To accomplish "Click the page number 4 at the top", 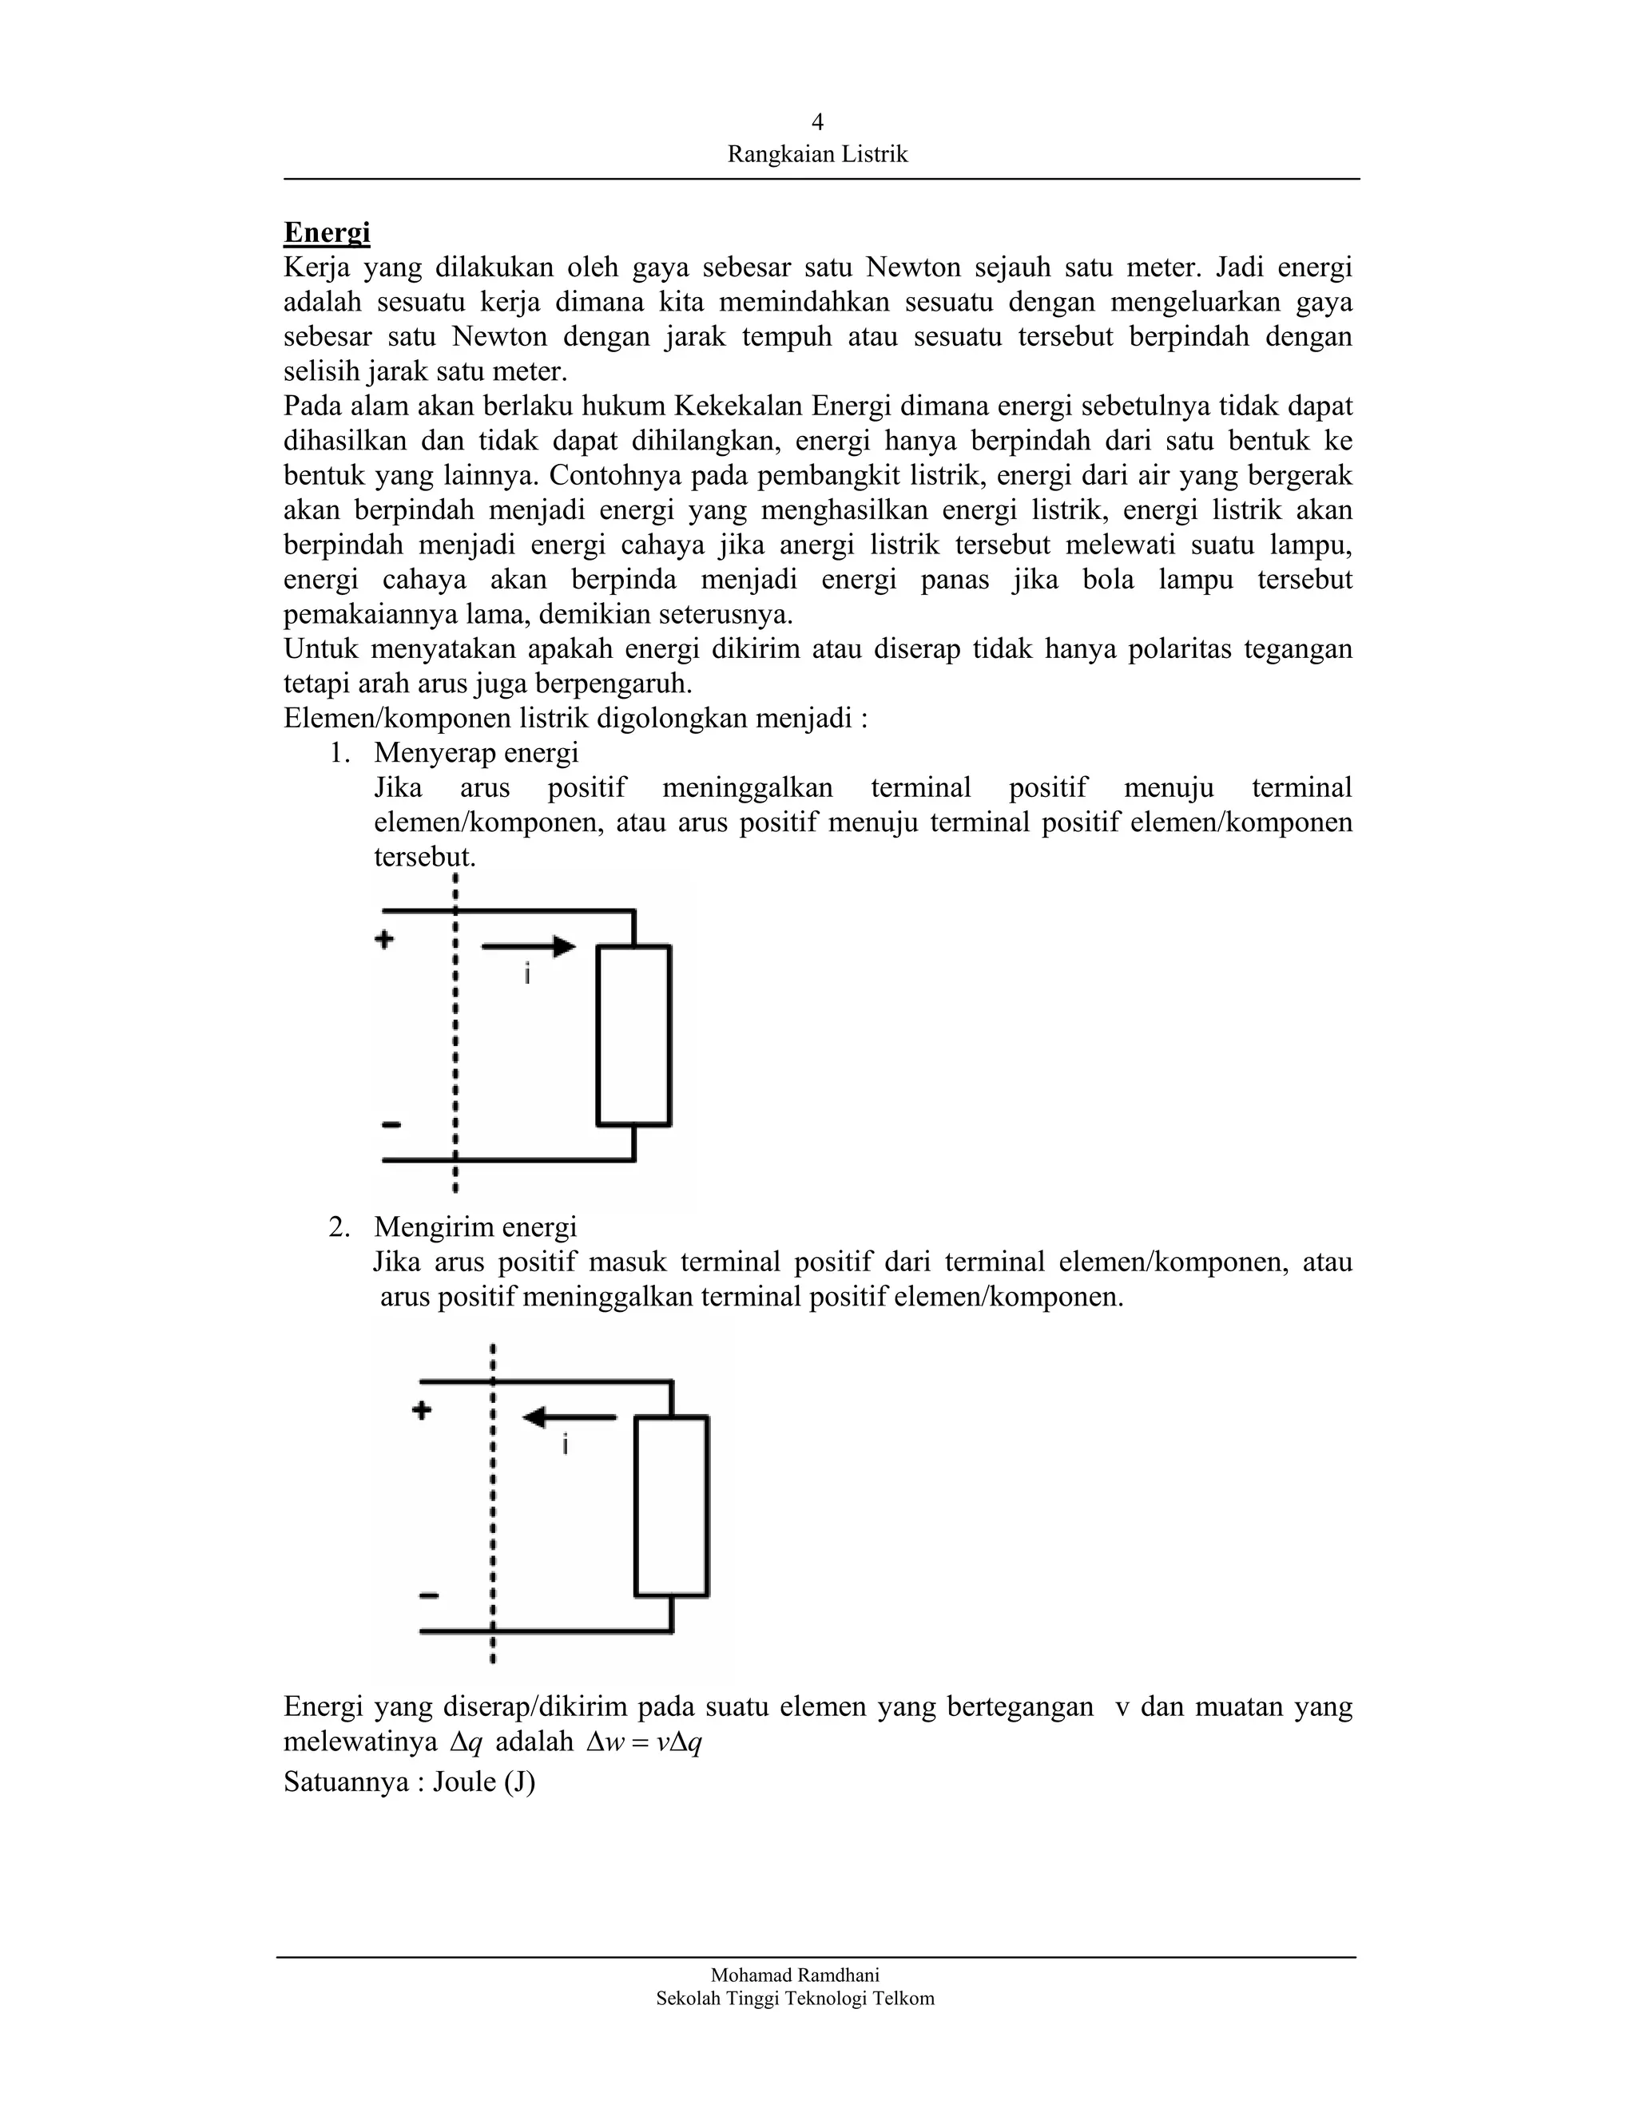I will click(x=817, y=122).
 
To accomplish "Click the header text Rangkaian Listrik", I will click(x=817, y=154).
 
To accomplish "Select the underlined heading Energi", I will click(x=327, y=232).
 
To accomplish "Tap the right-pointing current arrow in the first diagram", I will click(x=528, y=946).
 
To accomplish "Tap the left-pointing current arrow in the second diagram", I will click(x=569, y=1417).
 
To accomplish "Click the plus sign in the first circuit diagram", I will click(x=385, y=939).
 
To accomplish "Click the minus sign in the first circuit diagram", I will click(x=391, y=1125).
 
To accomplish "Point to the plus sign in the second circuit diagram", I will click(x=422, y=1411).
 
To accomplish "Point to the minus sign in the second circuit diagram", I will click(x=428, y=1595).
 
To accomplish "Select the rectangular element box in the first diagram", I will click(x=633, y=1036).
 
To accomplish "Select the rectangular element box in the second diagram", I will click(x=671, y=1506).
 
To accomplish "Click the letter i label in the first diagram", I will click(x=527, y=973).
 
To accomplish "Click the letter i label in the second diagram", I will click(x=565, y=1445).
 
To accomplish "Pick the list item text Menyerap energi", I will click(x=476, y=753).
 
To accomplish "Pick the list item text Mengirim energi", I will click(x=475, y=1227).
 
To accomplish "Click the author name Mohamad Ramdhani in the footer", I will click(x=795, y=1975).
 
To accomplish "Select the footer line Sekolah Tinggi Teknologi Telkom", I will click(x=795, y=1998).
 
